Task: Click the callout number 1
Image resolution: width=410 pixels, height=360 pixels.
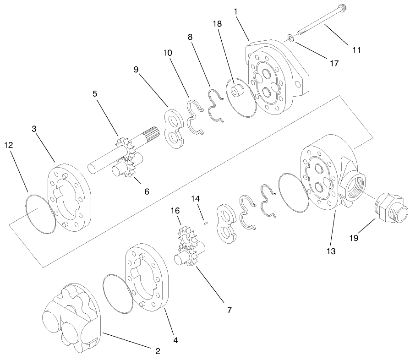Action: pyautogui.click(x=236, y=11)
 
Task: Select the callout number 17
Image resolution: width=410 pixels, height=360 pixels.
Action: pyautogui.click(x=334, y=63)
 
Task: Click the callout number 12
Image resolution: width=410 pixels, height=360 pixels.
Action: pyautogui.click(x=9, y=145)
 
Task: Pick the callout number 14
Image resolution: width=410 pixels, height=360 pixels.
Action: pyautogui.click(x=196, y=199)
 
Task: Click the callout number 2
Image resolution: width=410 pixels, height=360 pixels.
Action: pyautogui.click(x=157, y=351)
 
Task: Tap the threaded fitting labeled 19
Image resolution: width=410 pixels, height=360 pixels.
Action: pyautogui.click(x=390, y=207)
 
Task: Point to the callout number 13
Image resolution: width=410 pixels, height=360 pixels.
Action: pyautogui.click(x=331, y=251)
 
